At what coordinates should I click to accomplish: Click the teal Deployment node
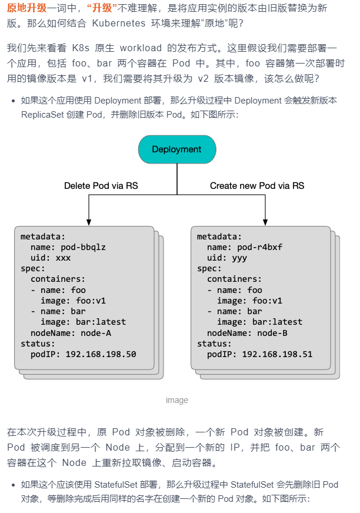click(176, 149)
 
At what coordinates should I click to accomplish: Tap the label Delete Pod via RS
click(101, 186)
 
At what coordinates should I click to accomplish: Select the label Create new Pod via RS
click(257, 186)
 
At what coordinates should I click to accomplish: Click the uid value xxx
click(63, 258)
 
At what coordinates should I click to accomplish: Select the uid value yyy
click(239, 258)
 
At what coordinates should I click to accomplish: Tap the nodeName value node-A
click(96, 333)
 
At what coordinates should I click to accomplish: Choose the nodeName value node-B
click(272, 333)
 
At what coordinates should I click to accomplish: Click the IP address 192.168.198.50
click(101, 354)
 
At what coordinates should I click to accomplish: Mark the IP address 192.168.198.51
click(277, 354)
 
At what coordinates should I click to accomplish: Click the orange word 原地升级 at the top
click(26, 8)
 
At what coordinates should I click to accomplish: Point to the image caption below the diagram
click(176, 400)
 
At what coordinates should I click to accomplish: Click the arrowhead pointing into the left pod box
click(89, 222)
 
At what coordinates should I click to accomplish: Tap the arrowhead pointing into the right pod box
click(265, 222)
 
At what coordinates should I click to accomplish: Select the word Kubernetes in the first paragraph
click(117, 23)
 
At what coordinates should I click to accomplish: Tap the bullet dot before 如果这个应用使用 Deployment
click(13, 101)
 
